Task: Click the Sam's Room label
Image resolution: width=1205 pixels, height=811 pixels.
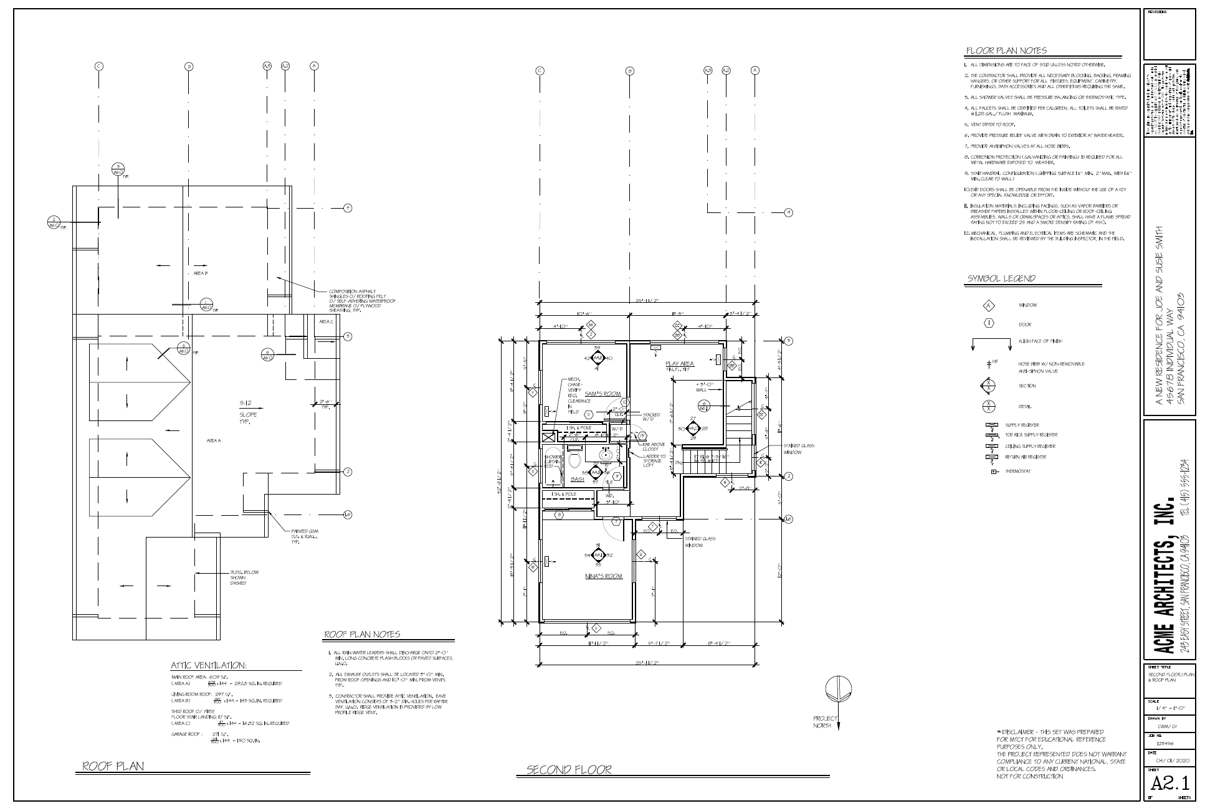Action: tap(602, 394)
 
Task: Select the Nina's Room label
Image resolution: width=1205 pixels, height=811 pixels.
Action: tap(604, 576)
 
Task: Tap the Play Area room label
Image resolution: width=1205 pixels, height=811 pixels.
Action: tap(680, 364)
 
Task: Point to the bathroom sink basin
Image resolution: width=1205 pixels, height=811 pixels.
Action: tap(606, 455)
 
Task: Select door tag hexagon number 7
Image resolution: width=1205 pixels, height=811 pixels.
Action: tap(616, 521)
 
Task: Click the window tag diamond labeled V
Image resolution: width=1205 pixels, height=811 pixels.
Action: tap(596, 628)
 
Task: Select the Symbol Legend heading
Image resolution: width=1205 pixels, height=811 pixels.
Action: tap(1001, 278)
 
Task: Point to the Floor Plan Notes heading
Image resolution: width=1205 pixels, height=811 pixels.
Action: tap(1006, 50)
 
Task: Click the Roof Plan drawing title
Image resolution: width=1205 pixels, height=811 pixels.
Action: tap(113, 766)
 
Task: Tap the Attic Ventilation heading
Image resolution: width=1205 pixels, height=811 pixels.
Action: tap(209, 665)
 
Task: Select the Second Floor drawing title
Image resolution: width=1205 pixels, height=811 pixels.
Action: tap(569, 770)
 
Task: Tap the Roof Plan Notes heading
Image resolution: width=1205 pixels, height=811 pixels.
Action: tap(362, 635)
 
